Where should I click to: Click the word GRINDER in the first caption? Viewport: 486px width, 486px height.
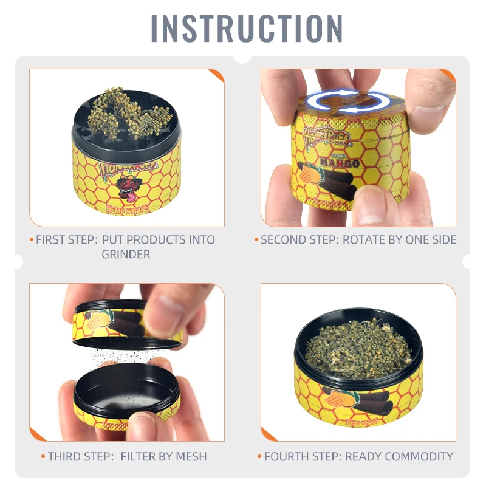click(126, 254)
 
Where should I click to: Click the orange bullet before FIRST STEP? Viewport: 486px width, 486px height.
click(32, 239)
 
